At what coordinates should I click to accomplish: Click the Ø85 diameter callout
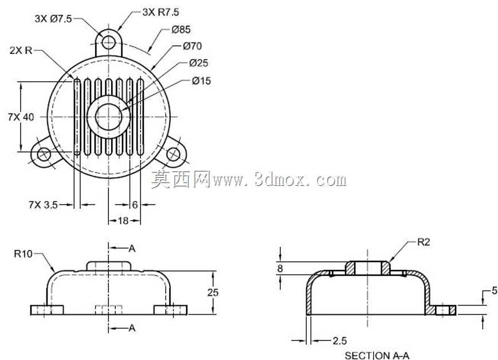[x=181, y=30]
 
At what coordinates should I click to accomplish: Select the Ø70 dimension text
[x=192, y=46]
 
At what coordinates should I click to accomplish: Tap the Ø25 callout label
[x=198, y=63]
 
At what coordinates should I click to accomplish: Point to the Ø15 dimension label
[x=201, y=81]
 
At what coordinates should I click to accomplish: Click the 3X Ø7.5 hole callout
[x=53, y=19]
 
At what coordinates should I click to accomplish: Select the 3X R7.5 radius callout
[x=160, y=12]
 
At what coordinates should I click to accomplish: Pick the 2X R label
[x=21, y=50]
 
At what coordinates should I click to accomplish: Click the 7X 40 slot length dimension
[x=21, y=117]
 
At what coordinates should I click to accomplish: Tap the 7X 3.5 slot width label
[x=43, y=205]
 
